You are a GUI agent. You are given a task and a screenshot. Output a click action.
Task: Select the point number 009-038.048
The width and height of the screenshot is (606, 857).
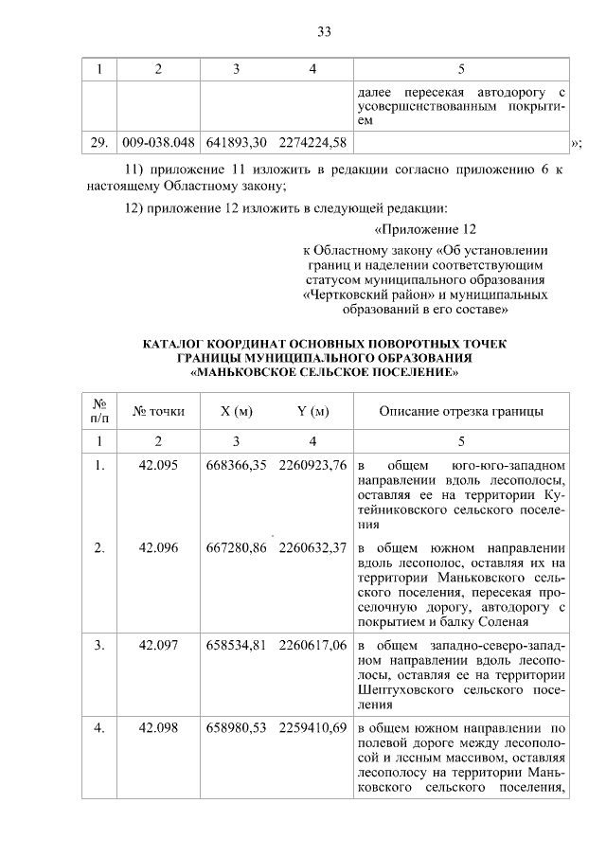pyautogui.click(x=158, y=143)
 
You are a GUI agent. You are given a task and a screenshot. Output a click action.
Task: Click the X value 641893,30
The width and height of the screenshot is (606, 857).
pyautogui.click(x=235, y=143)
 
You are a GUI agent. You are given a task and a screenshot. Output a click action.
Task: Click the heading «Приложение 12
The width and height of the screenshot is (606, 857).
pyautogui.click(x=423, y=230)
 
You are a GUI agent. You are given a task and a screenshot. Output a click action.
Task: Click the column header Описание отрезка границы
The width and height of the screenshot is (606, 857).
pyautogui.click(x=460, y=412)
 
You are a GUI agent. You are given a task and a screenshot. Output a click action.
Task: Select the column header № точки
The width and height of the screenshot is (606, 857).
pyautogui.click(x=158, y=412)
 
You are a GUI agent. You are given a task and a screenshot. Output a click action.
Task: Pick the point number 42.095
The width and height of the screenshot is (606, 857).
pyautogui.click(x=158, y=466)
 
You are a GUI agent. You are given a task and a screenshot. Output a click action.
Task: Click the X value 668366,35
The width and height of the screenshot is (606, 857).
pyautogui.click(x=235, y=466)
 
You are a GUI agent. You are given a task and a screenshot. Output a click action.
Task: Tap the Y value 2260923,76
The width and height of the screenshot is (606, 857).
pyautogui.click(x=312, y=466)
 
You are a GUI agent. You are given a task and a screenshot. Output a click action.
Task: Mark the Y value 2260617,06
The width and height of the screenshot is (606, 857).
pyautogui.click(x=312, y=646)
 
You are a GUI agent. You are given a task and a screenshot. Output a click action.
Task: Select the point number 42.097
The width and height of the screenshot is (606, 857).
pyautogui.click(x=158, y=646)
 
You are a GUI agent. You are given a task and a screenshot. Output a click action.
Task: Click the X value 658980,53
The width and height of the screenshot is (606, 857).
pyautogui.click(x=235, y=729)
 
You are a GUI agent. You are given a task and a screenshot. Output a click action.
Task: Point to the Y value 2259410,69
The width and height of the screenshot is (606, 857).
pyautogui.click(x=312, y=729)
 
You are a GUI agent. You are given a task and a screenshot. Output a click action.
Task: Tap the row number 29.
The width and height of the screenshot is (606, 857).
pyautogui.click(x=98, y=143)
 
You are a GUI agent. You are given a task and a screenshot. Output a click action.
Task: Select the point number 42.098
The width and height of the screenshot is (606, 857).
pyautogui.click(x=158, y=729)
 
